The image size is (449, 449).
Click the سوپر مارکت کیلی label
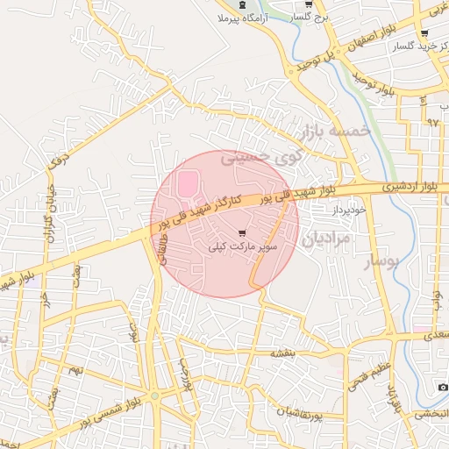(x=243, y=248)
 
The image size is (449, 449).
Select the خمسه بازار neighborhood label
(x=337, y=133)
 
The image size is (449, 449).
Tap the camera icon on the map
(x=443, y=387)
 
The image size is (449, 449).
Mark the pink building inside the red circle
(x=188, y=185)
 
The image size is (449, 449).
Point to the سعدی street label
(x=434, y=336)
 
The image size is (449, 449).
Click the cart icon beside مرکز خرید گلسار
(x=424, y=33)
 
